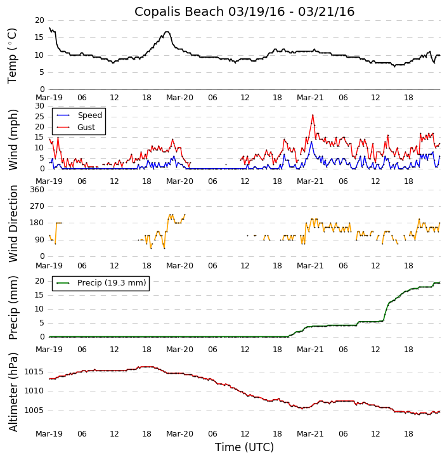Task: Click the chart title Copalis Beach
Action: tap(244, 11)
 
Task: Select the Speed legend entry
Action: tap(89, 115)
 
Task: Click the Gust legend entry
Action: tap(86, 128)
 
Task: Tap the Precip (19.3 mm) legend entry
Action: tap(111, 283)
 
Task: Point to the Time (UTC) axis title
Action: tap(244, 447)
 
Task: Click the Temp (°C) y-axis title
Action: tap(13, 55)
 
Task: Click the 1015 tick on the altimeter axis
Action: tap(34, 372)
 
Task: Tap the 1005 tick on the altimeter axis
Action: tap(34, 411)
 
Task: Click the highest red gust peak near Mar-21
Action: tap(313, 115)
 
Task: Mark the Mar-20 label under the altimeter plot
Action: tap(179, 434)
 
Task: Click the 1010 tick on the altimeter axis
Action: tap(34, 391)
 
